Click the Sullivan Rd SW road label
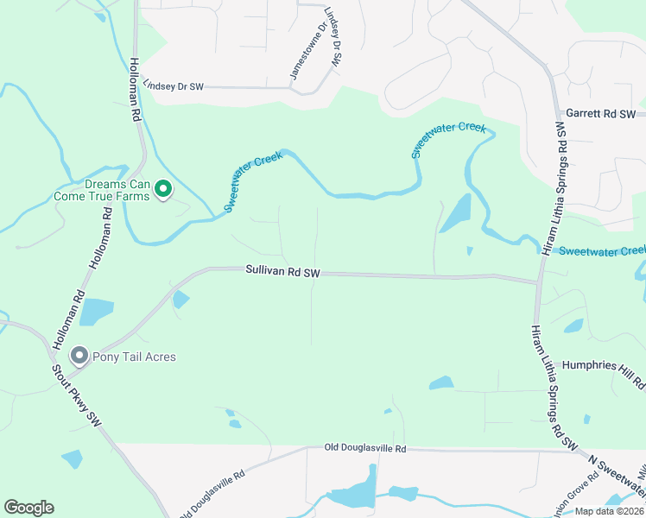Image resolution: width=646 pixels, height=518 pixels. [282, 271]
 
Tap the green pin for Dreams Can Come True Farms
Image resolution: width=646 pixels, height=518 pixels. [161, 186]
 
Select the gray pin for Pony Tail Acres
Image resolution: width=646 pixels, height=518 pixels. [79, 356]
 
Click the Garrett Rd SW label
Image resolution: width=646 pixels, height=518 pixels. [600, 114]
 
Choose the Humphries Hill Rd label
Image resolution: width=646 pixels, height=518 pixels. [603, 365]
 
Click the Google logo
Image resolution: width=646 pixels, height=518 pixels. [28, 508]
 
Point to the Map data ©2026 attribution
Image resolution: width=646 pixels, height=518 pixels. [610, 511]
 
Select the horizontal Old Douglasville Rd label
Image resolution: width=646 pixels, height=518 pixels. [364, 448]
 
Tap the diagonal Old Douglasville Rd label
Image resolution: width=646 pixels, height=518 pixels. [212, 496]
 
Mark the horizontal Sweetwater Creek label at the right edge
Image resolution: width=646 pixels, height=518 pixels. [602, 250]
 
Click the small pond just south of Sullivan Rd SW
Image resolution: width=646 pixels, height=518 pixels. [180, 300]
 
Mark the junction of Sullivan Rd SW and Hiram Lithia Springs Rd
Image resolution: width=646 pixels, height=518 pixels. [538, 281]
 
